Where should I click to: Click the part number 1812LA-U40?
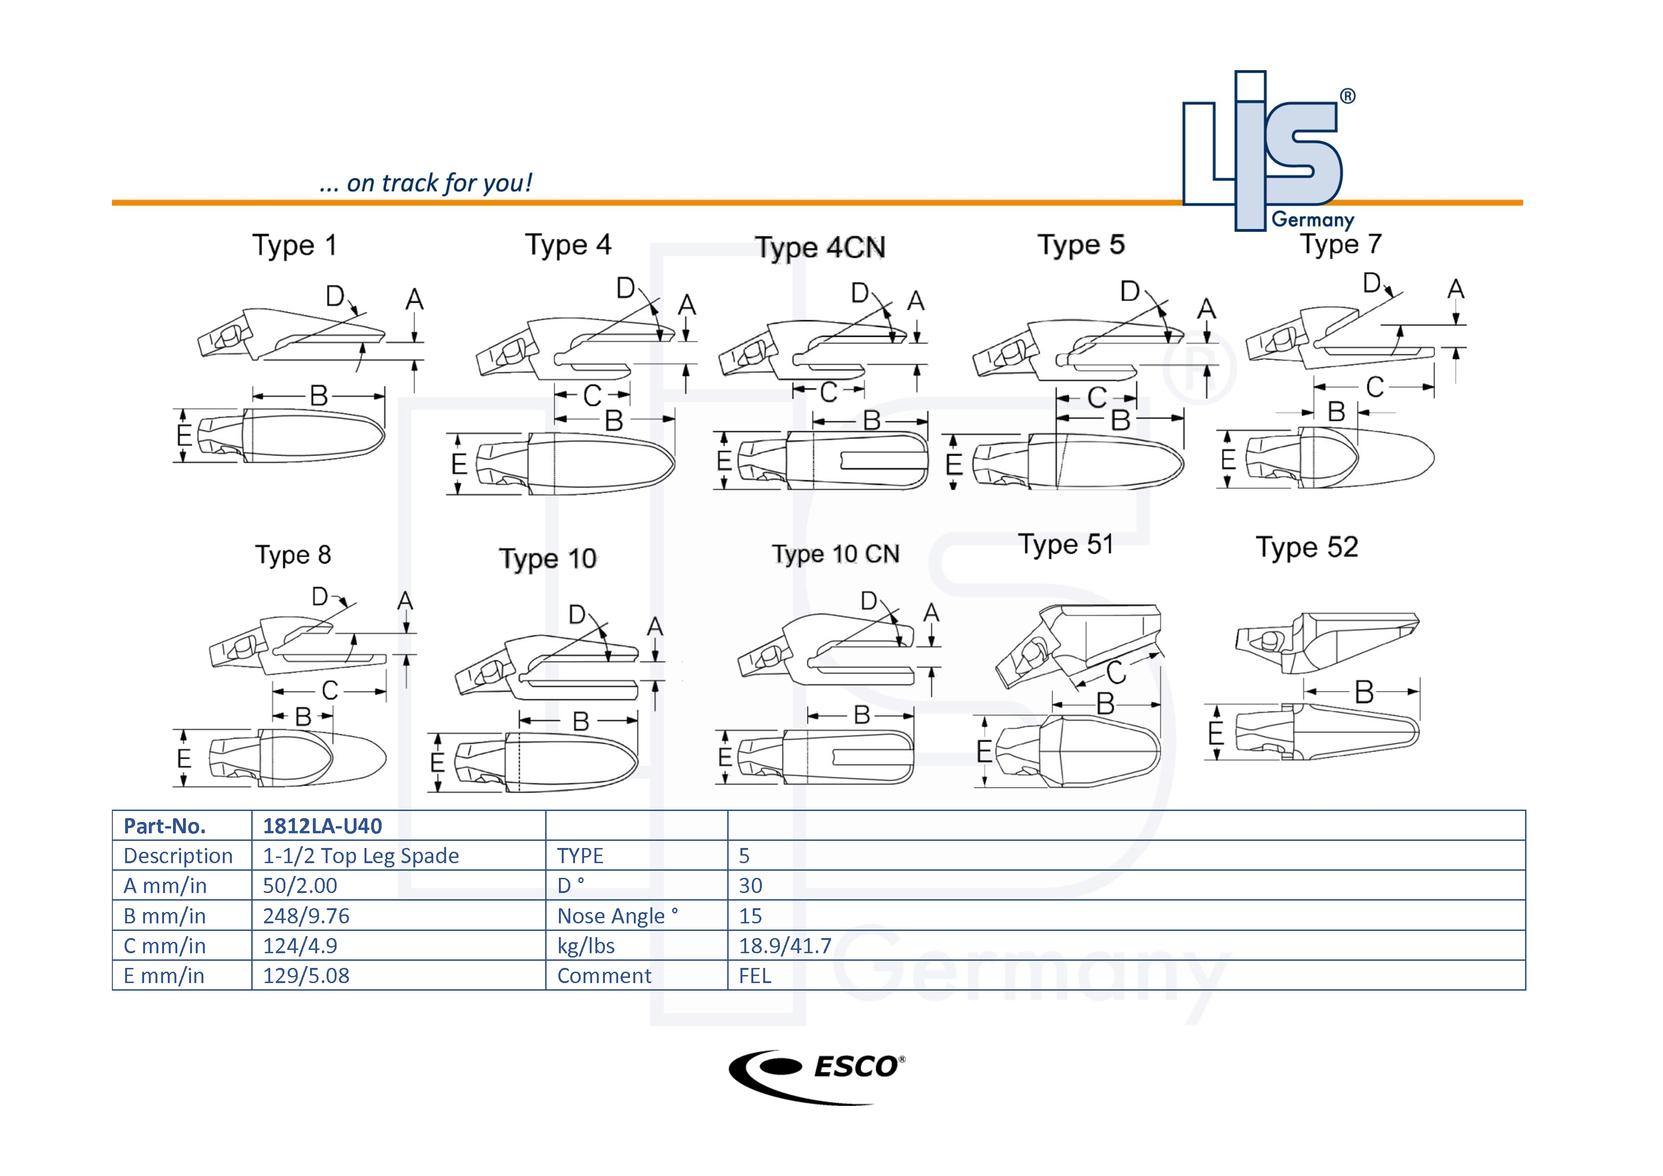tap(322, 826)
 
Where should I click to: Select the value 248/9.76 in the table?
tap(306, 916)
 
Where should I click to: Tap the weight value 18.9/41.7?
tap(785, 946)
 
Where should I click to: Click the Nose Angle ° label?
tap(617, 916)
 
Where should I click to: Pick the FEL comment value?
tap(755, 976)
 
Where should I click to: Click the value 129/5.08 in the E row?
tap(306, 976)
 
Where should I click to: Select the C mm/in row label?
tap(164, 946)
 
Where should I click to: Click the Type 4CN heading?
tap(820, 247)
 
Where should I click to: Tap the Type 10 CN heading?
tap(835, 555)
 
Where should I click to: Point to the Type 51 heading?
tap(1066, 545)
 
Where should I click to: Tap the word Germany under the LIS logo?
tap(1313, 220)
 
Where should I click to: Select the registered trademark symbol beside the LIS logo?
tap(1347, 96)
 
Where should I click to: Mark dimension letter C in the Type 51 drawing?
tap(1116, 672)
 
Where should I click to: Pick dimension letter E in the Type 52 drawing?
tap(1216, 734)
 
